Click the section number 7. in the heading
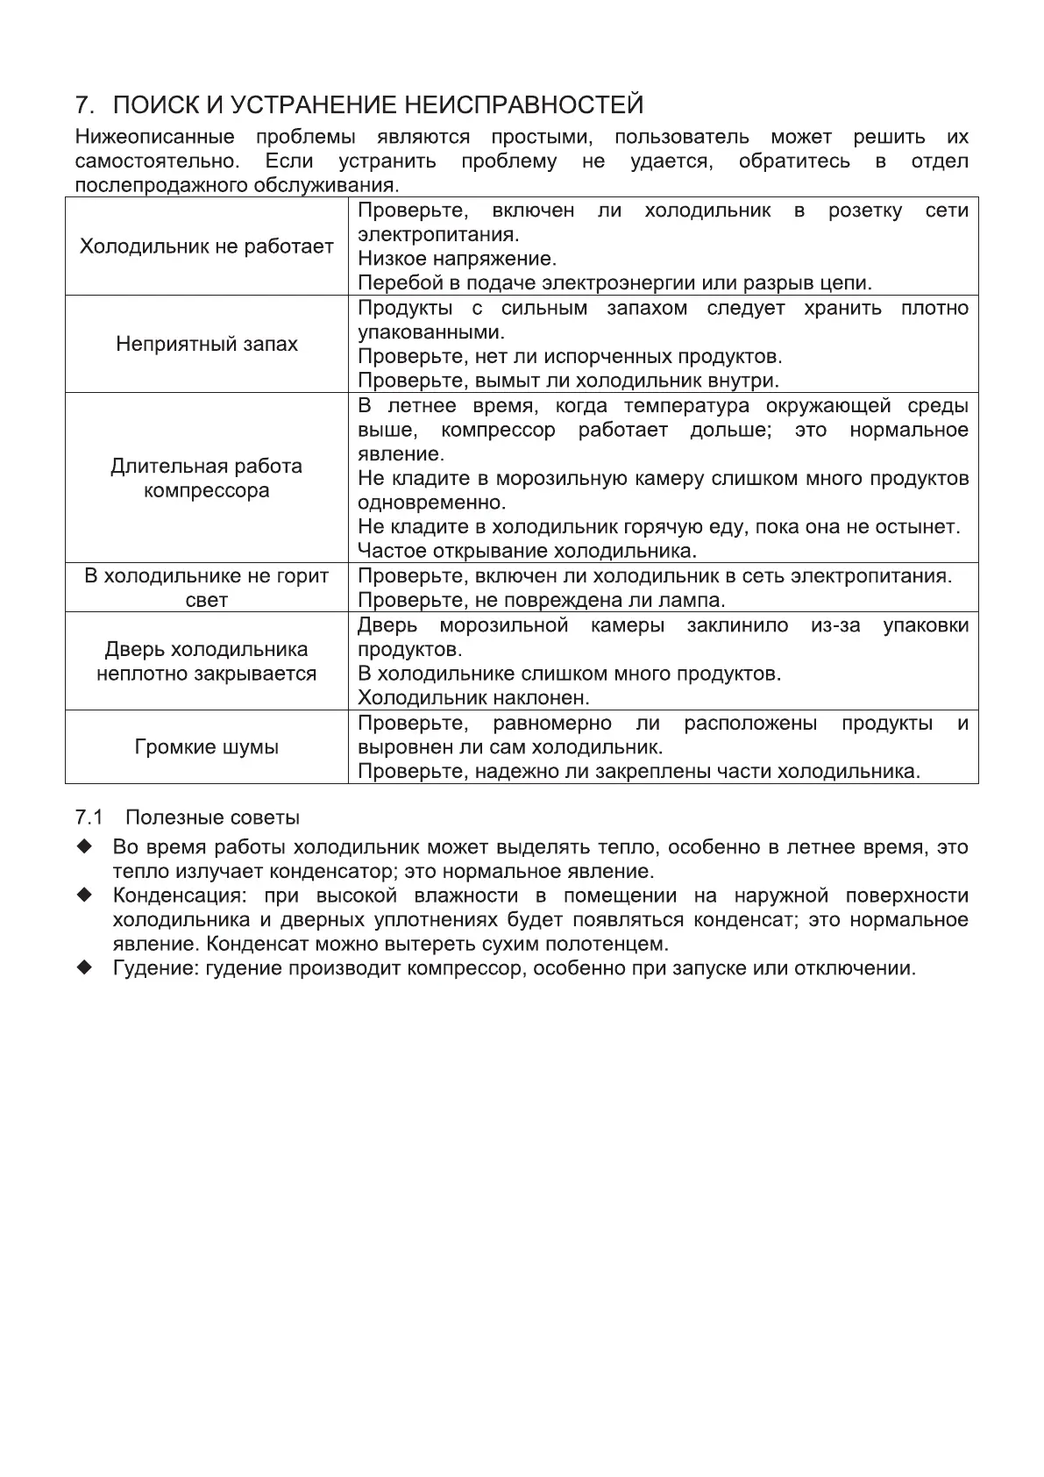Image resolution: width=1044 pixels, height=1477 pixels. (x=84, y=106)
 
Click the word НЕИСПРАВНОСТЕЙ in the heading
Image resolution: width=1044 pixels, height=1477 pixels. (x=523, y=106)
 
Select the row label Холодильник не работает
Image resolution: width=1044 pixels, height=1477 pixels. (x=207, y=246)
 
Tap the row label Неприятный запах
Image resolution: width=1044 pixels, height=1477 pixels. (x=207, y=344)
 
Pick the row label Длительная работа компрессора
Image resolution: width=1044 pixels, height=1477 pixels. (x=207, y=478)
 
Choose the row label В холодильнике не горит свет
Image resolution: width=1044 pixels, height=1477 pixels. (x=207, y=588)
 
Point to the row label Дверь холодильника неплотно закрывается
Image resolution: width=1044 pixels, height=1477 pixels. (x=207, y=661)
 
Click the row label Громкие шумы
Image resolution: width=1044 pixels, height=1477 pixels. (x=207, y=747)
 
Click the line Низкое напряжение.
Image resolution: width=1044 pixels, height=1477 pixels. (x=457, y=260)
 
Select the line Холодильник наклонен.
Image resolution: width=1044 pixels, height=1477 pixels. (x=473, y=698)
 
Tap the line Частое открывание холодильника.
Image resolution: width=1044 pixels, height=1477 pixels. (x=527, y=552)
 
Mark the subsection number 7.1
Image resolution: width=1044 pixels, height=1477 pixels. (x=89, y=817)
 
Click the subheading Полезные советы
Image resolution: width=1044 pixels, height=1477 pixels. (x=212, y=817)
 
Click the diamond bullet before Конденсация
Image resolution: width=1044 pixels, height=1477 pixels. (x=84, y=895)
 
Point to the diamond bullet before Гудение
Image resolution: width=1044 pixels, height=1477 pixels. (x=84, y=968)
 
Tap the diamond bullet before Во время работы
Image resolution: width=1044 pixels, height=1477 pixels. (x=84, y=847)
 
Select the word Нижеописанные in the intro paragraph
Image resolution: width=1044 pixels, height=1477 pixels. (x=155, y=138)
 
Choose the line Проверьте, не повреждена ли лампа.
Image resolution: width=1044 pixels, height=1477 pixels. (x=542, y=601)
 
